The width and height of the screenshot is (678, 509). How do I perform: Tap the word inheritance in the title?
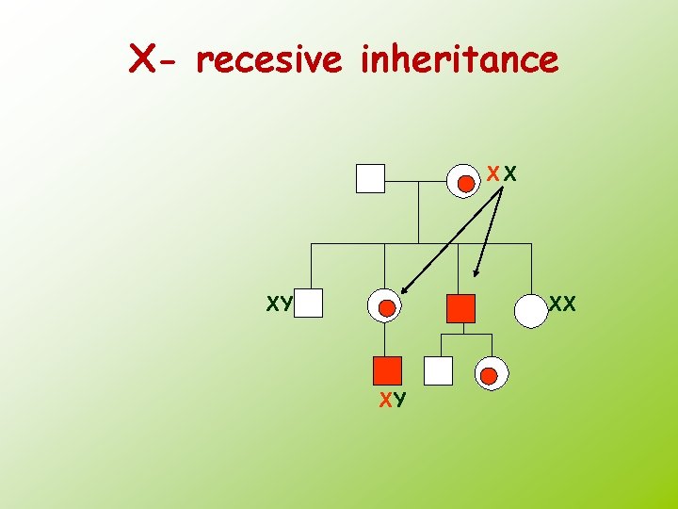pyautogui.click(x=459, y=60)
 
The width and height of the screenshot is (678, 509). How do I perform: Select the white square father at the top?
pyautogui.click(x=371, y=178)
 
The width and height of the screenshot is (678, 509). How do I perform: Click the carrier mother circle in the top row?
pyautogui.click(x=466, y=181)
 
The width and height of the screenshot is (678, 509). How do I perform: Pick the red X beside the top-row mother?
pyautogui.click(x=493, y=174)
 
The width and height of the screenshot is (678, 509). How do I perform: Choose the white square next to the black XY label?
pyautogui.click(x=309, y=304)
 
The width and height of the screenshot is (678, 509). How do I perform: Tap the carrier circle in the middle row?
pyautogui.click(x=385, y=306)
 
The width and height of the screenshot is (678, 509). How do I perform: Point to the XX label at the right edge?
pyautogui.click(x=562, y=304)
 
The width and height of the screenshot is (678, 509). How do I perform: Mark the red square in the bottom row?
pyautogui.click(x=386, y=370)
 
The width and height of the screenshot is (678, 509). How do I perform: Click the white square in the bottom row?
pyautogui.click(x=438, y=370)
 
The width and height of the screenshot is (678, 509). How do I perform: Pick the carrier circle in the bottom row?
pyautogui.click(x=488, y=375)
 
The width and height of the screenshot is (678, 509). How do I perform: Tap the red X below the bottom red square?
pyautogui.click(x=385, y=401)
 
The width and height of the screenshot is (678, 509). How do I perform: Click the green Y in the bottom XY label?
pyautogui.click(x=400, y=401)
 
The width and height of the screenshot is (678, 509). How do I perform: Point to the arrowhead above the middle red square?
pyautogui.click(x=477, y=273)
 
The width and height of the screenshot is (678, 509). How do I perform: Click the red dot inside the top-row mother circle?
pyautogui.click(x=465, y=184)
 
